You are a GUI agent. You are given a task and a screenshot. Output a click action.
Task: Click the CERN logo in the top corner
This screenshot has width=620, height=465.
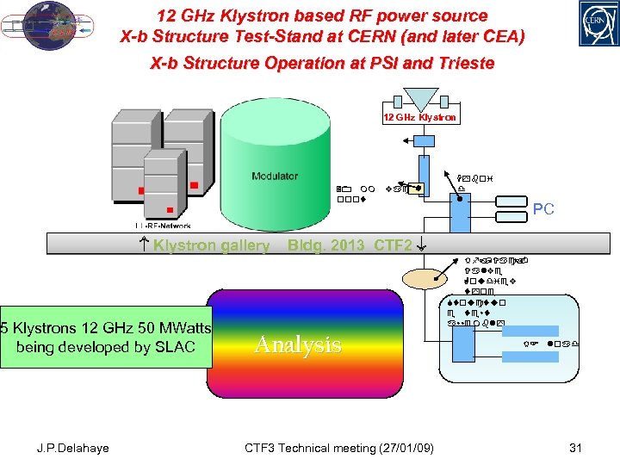(x=589, y=24)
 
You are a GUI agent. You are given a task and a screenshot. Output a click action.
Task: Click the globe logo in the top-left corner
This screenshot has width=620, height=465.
(x=51, y=27)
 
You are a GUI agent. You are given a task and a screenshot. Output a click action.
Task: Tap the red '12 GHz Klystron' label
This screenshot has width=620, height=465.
(x=420, y=117)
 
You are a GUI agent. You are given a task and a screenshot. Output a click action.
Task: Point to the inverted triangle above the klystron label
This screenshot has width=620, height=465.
(x=421, y=97)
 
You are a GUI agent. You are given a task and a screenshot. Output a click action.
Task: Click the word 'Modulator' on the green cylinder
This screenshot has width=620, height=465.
(x=275, y=176)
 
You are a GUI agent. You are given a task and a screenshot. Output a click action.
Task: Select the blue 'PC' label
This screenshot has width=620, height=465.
(x=543, y=208)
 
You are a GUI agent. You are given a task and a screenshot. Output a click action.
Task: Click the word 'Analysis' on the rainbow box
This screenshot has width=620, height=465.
(x=298, y=345)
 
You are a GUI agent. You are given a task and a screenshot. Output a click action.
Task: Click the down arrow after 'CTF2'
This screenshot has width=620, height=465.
(x=420, y=245)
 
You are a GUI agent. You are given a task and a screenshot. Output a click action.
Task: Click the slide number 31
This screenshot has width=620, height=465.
(x=579, y=448)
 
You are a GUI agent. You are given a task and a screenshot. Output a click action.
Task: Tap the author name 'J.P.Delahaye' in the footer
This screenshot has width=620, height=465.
(x=73, y=448)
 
